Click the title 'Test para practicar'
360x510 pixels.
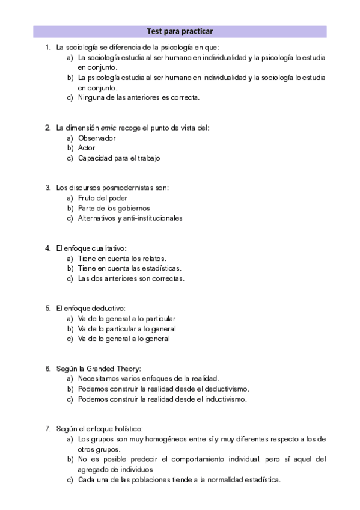[180, 31]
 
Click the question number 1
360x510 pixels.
[47, 47]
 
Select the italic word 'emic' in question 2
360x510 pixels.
[108, 127]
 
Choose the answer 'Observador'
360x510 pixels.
[97, 138]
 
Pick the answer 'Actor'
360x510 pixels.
[87, 148]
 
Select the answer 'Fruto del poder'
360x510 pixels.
[103, 198]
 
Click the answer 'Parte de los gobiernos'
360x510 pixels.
[114, 208]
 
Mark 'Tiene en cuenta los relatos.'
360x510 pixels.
[122, 258]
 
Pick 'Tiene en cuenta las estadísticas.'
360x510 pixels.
[130, 268]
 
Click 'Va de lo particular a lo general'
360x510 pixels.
[127, 328]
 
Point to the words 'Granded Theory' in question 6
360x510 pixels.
[114, 368]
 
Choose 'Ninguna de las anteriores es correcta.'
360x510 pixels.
[139, 98]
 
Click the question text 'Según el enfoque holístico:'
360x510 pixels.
[99, 429]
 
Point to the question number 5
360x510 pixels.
[47, 308]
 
